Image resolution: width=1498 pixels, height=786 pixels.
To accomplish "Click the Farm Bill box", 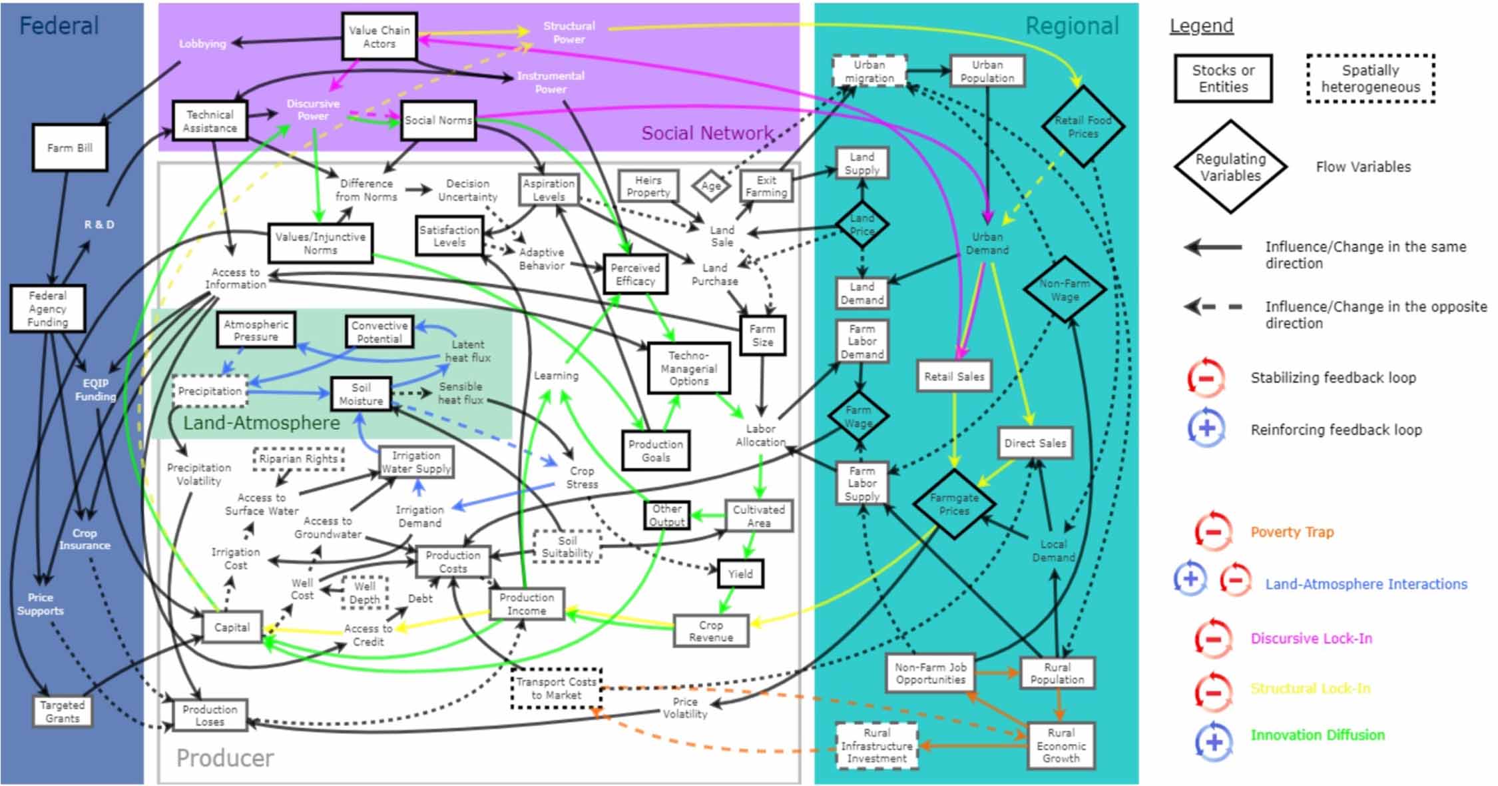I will (70, 147).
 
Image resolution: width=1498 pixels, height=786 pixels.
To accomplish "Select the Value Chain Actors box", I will (379, 37).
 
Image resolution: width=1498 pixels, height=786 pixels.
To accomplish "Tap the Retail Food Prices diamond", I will (1083, 127).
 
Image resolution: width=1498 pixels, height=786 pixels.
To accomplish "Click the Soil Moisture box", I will (361, 394).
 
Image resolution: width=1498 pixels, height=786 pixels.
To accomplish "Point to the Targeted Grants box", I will (63, 711).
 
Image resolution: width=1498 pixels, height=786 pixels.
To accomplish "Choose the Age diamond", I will (711, 186).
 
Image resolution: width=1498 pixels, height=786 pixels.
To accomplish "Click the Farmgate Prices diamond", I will (954, 504).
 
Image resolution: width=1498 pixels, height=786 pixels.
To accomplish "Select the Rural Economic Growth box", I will (1061, 746).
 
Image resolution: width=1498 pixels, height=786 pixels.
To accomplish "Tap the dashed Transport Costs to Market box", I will (556, 688).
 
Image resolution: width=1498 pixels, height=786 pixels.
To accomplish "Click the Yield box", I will (740, 574).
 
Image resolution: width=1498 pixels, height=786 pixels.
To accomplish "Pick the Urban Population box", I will (987, 71).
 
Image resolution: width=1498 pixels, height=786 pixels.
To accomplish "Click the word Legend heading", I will (1201, 26).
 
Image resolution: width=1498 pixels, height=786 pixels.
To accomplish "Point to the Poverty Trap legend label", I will (1292, 532).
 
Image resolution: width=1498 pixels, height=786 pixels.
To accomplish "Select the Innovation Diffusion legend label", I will (1317, 735).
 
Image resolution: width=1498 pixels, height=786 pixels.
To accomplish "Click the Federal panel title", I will (59, 26).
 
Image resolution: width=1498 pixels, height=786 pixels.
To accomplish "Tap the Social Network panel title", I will (707, 133).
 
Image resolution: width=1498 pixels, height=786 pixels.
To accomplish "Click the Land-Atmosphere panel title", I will (261, 423).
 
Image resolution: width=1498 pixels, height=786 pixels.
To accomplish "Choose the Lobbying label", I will (202, 44).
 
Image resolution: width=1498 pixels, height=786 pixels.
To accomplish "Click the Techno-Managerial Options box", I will (688, 368).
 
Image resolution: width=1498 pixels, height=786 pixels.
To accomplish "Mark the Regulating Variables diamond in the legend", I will (1230, 167).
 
